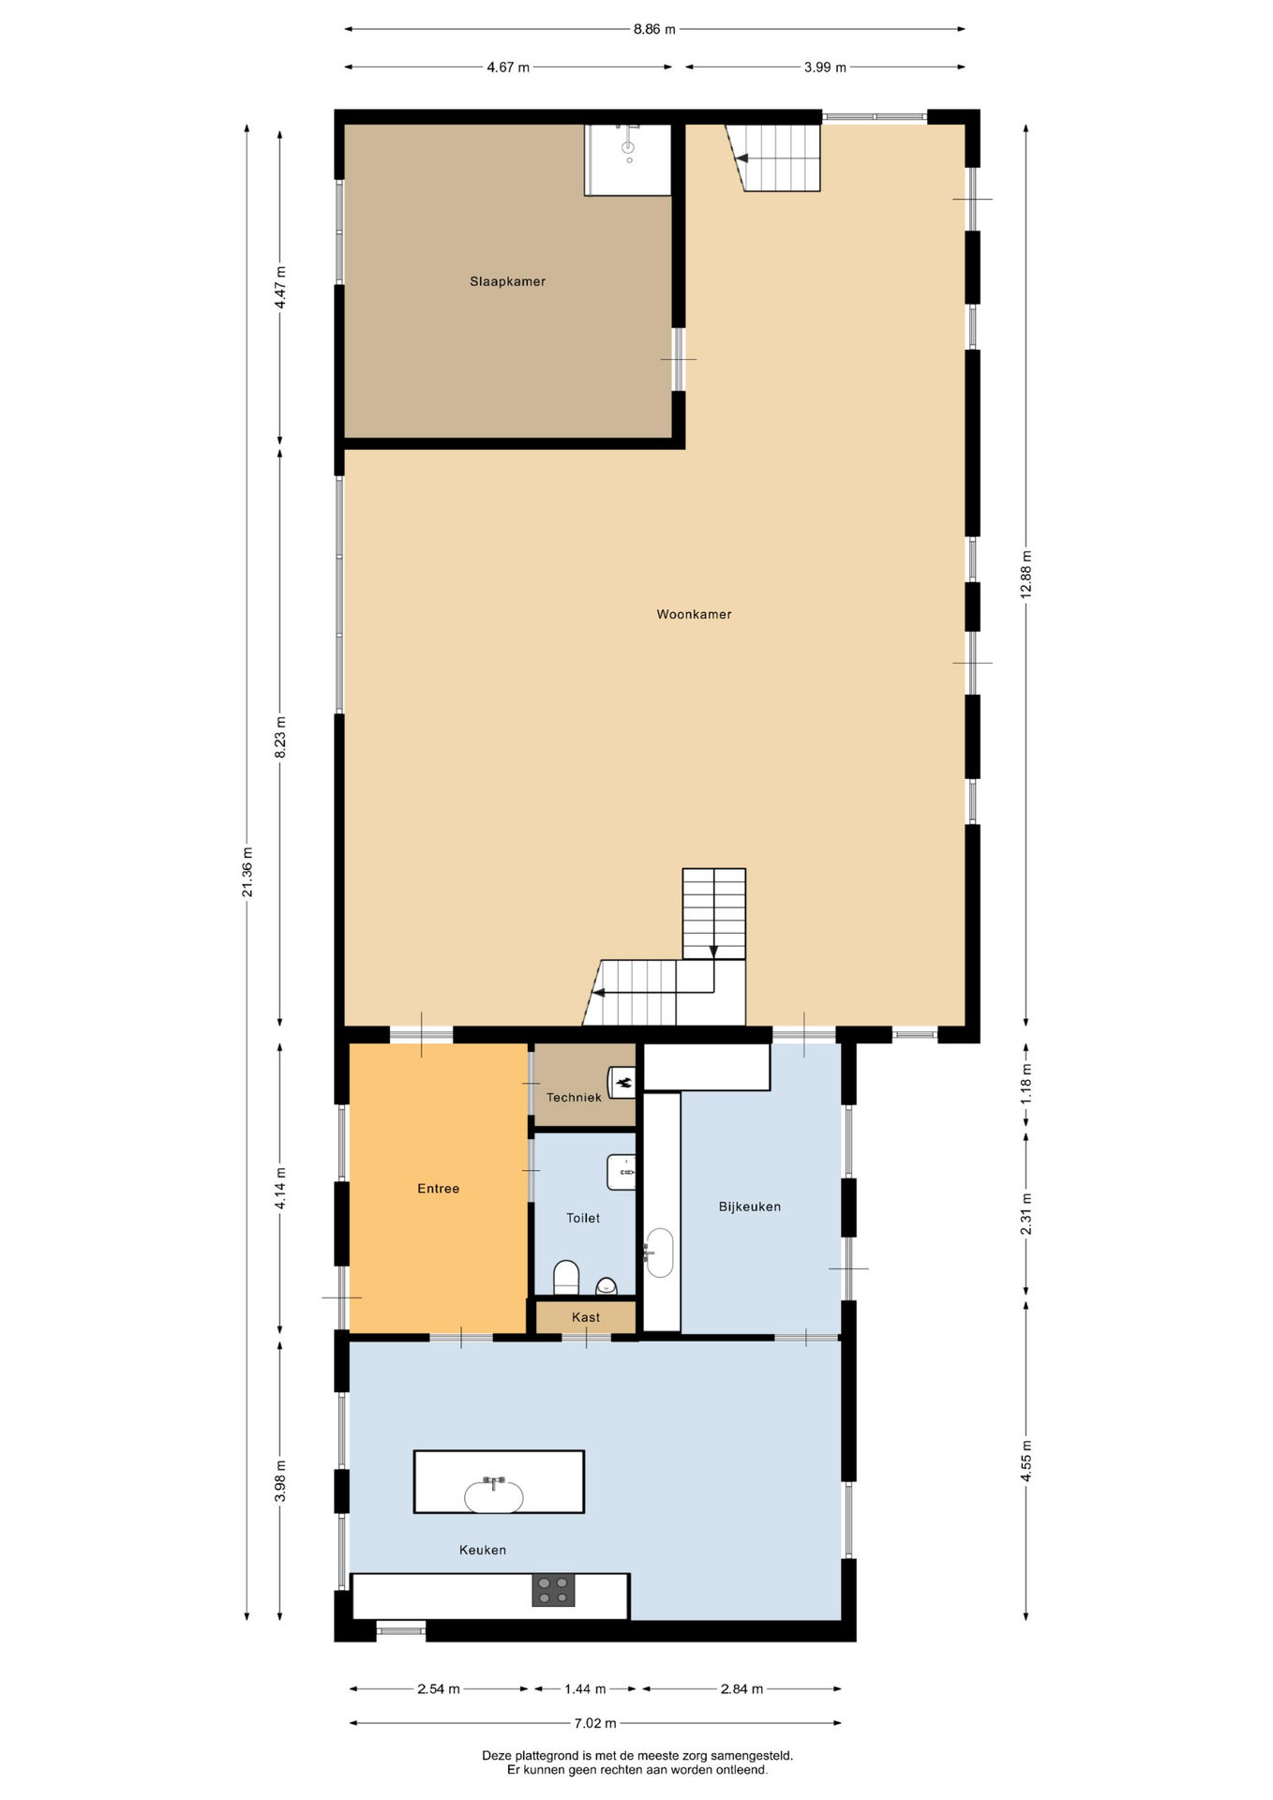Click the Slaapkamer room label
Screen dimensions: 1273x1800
[507, 281]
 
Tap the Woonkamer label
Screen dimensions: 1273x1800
[694, 614]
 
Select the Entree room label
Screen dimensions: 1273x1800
[438, 1189]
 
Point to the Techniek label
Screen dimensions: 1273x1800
[574, 1097]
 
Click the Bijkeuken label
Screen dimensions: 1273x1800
[749, 1207]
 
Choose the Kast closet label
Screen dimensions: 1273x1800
[586, 1317]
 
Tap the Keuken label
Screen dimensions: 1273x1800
[483, 1550]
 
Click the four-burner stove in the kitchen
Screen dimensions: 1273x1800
[553, 1590]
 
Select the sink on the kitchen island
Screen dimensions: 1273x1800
[494, 1495]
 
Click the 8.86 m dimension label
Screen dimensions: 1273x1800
[654, 29]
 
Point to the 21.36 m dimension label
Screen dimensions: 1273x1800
[247, 872]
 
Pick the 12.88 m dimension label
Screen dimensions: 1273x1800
[1026, 574]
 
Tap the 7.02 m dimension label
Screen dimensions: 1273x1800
[595, 1723]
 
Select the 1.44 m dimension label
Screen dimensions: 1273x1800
[585, 1689]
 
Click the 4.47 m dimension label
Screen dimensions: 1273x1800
[280, 287]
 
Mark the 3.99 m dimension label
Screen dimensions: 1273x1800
[825, 67]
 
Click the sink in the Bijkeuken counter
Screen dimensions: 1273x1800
[660, 1252]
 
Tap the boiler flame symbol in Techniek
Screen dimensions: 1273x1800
[623, 1083]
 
